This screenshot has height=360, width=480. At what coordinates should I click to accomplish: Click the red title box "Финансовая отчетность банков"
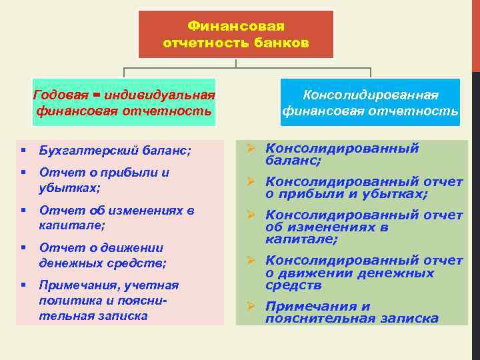tap(235, 34)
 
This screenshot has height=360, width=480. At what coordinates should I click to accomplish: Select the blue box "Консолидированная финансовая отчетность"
tap(370, 103)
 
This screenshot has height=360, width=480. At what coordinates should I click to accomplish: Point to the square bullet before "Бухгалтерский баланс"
tap(23, 151)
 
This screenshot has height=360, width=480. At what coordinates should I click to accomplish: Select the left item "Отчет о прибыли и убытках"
tap(103, 180)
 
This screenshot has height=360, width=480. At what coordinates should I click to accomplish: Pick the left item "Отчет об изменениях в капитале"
tap(117, 218)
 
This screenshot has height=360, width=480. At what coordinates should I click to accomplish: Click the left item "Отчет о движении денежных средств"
tap(103, 256)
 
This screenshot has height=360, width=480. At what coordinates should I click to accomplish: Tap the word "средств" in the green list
tap(293, 285)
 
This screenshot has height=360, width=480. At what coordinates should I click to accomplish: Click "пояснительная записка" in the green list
tap(351, 319)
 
